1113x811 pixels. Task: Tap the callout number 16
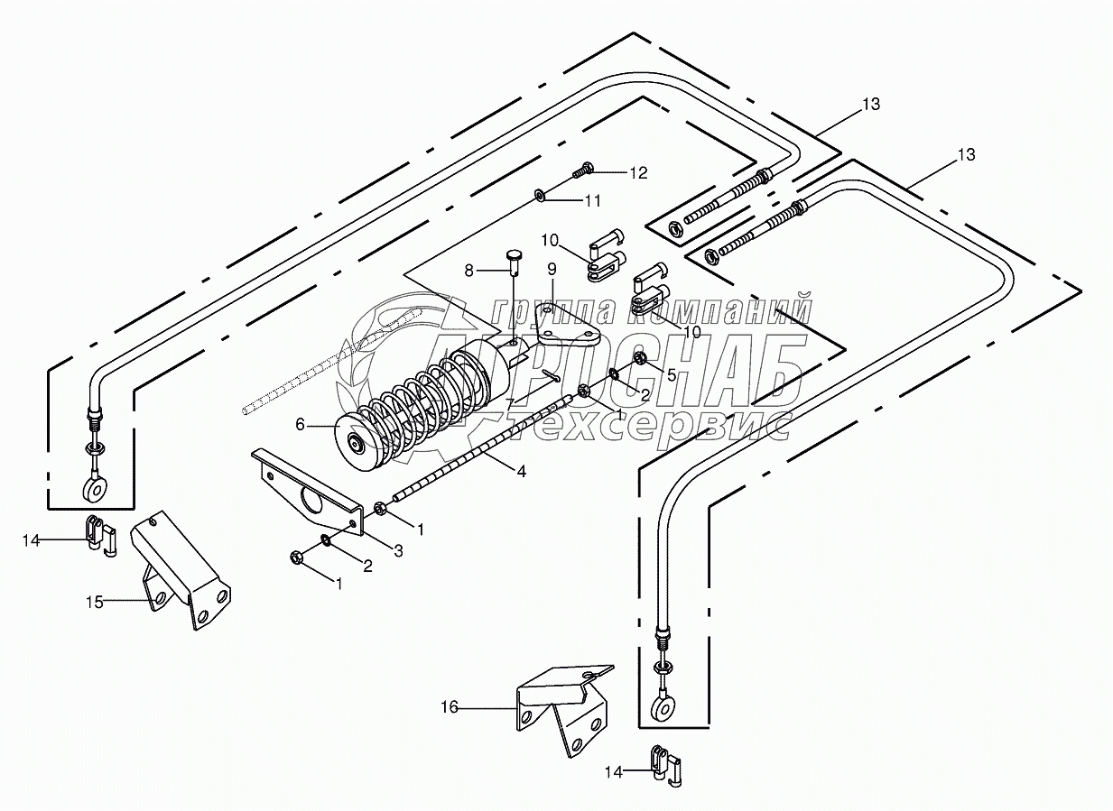(x=449, y=709)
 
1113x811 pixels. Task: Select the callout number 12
(x=639, y=173)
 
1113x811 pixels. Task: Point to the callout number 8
(x=468, y=270)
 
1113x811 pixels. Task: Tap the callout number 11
(x=592, y=200)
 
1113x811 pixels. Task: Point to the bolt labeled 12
(x=583, y=168)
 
